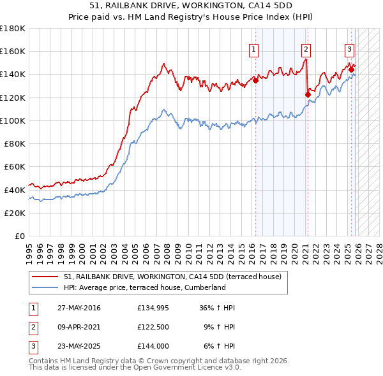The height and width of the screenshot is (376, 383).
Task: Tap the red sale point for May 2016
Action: (255, 80)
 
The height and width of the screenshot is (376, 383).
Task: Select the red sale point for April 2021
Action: (308, 95)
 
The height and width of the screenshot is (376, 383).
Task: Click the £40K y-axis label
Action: (15, 190)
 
